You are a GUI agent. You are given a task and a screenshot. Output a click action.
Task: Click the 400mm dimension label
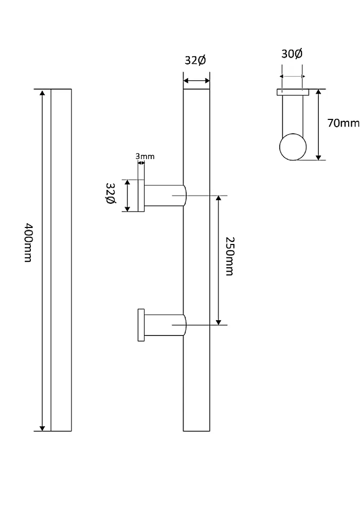click(x=28, y=242)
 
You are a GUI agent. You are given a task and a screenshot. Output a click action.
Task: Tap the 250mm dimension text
click(x=229, y=256)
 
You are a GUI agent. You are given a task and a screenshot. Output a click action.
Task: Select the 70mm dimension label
click(x=343, y=123)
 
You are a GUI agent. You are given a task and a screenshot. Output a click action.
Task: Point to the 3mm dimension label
click(x=145, y=156)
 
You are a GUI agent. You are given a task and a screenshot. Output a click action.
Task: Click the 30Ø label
click(x=292, y=54)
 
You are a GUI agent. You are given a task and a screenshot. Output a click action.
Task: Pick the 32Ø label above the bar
click(x=195, y=60)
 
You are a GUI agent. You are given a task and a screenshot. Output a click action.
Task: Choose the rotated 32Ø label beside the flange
click(x=111, y=194)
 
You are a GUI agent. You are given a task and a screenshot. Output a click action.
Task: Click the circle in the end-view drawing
click(x=293, y=147)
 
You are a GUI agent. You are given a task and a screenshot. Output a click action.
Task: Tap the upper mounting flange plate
click(x=141, y=196)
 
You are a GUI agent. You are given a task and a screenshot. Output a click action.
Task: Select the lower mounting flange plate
click(x=141, y=325)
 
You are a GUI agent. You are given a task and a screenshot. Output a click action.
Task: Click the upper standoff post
click(x=165, y=196)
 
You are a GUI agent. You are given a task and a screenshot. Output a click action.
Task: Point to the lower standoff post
click(x=165, y=325)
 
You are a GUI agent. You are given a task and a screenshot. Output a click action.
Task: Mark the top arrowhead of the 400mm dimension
click(x=42, y=93)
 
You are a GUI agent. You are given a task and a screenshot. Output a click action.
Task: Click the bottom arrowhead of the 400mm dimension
click(x=42, y=428)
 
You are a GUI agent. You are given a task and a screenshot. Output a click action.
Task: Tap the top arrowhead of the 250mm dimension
click(x=218, y=198)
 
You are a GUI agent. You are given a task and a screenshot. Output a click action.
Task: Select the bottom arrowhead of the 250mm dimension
click(x=218, y=322)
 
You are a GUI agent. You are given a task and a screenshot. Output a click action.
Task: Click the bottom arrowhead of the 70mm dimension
click(x=318, y=157)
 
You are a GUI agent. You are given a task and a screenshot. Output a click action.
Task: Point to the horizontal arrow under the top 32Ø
click(x=196, y=81)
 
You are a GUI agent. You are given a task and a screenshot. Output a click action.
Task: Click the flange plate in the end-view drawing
click(x=293, y=92)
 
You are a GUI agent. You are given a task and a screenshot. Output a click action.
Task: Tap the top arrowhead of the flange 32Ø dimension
click(x=127, y=183)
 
